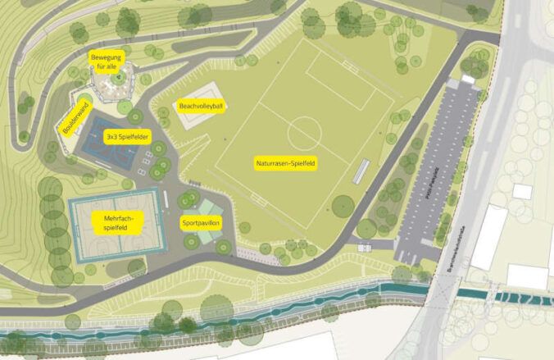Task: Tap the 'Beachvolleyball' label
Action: pos(201,106)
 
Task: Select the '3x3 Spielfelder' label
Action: pos(127,137)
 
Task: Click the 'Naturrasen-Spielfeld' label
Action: pos(286,163)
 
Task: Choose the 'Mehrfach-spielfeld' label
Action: pos(119,222)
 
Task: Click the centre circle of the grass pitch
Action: pos(303,129)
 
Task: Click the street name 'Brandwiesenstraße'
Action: pos(450,246)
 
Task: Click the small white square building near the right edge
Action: pos(522,191)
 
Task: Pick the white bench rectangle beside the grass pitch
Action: pos(360,172)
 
